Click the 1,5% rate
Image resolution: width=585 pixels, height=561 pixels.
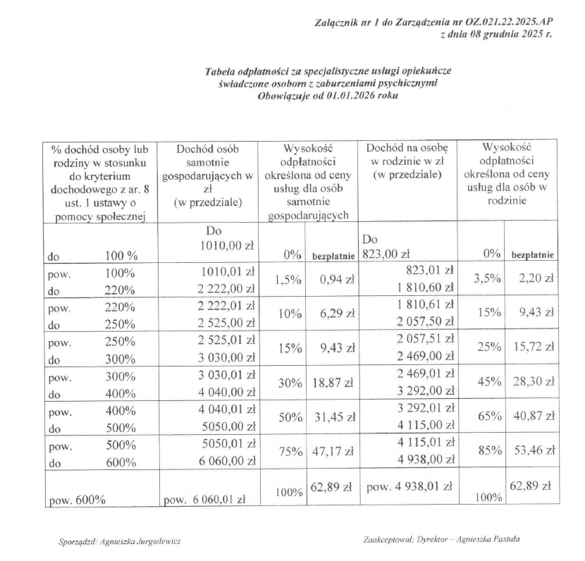(288, 280)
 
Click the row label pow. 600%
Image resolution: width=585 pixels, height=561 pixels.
(77, 500)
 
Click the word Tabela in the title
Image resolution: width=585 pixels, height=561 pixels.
(221, 71)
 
